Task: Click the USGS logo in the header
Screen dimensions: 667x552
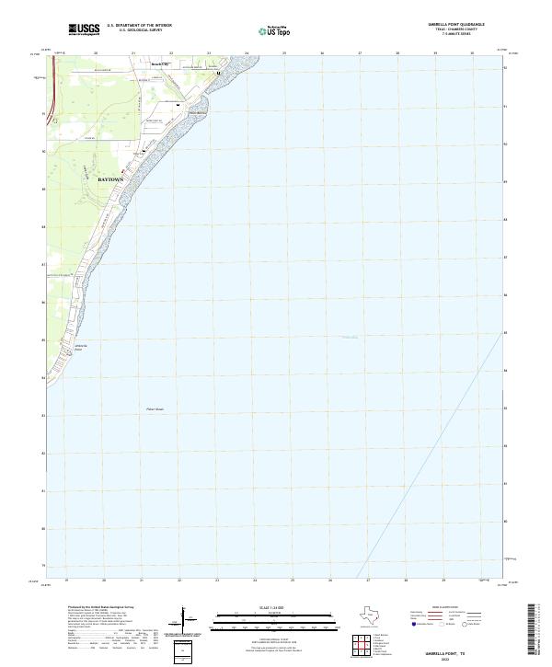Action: click(x=85, y=29)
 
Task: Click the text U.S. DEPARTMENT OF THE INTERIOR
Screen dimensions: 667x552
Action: click(x=139, y=25)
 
